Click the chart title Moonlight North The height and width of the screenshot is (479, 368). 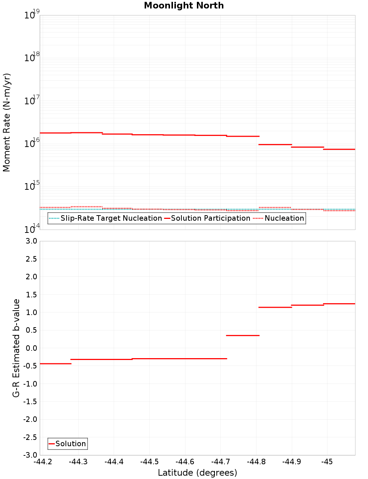(184, 6)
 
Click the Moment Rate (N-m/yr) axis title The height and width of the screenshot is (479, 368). (7, 122)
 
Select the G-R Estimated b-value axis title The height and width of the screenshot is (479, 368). (16, 348)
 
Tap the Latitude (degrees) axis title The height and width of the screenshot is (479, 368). (197, 473)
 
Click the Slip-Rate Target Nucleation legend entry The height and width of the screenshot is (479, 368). (111, 218)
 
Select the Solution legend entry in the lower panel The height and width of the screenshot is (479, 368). (70, 444)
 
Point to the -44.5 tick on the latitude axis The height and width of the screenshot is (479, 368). (149, 462)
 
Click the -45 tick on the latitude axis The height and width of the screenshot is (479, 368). (327, 462)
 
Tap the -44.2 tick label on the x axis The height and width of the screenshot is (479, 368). (43, 462)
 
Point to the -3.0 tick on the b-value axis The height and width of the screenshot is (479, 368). (31, 455)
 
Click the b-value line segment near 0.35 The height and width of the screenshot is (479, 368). (243, 335)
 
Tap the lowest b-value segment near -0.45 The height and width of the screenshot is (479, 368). (55, 364)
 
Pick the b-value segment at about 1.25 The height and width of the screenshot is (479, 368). (339, 304)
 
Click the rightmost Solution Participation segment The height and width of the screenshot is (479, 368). (339, 149)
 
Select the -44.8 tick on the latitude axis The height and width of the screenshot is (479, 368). (256, 462)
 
